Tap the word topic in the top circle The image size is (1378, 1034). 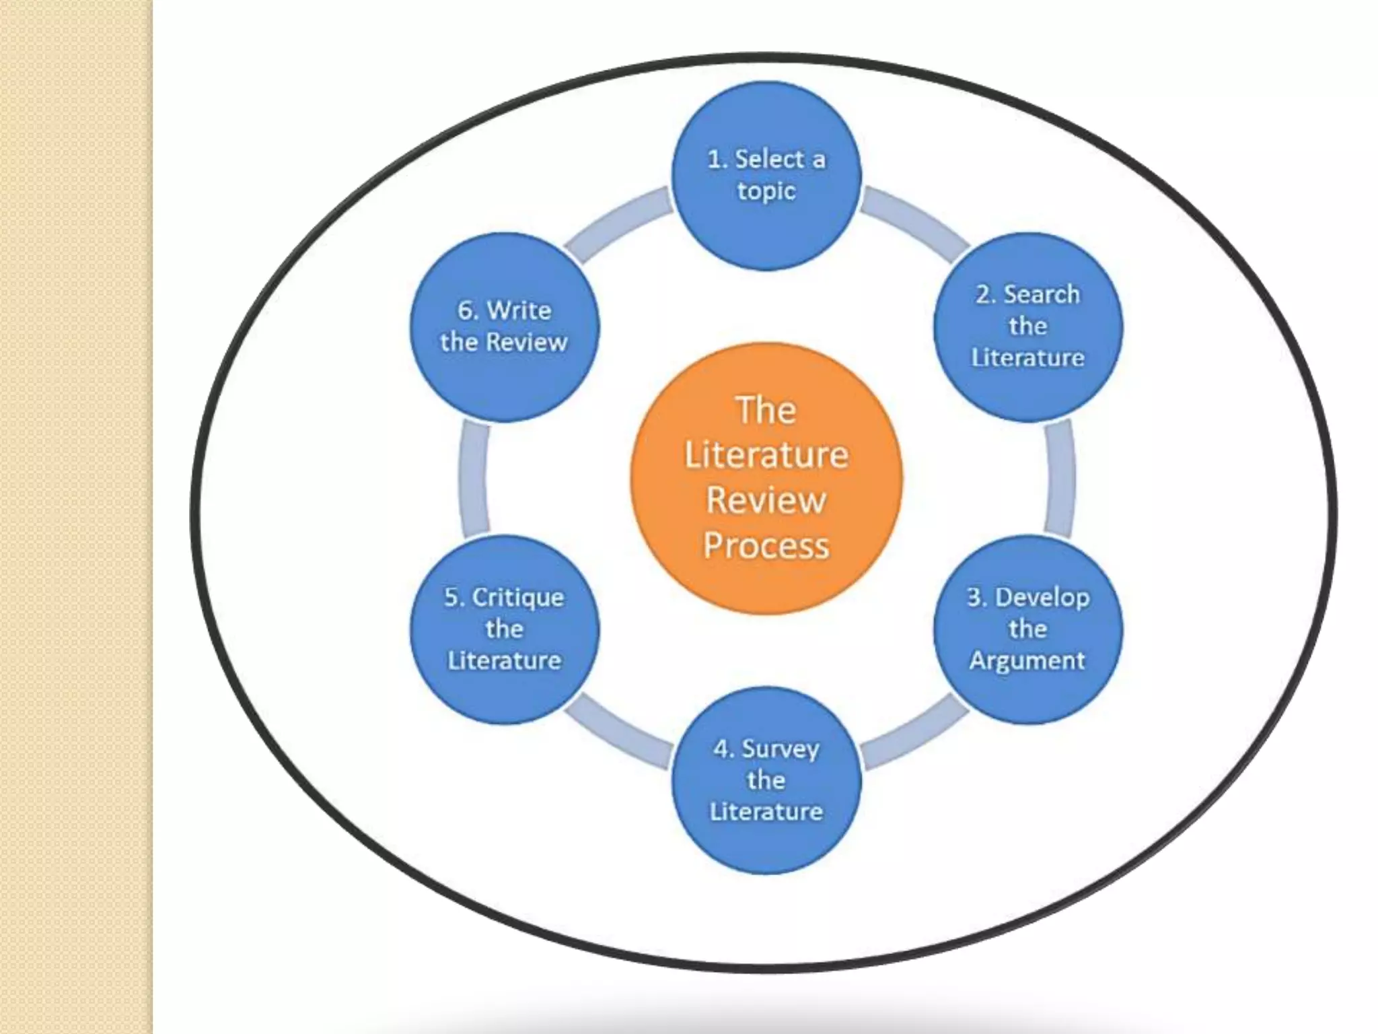(766, 191)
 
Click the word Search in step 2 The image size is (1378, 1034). (1042, 294)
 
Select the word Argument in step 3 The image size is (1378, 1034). (1027, 660)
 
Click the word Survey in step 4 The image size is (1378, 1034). (781, 749)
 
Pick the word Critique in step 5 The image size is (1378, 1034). (518, 597)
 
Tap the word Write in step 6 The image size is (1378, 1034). (519, 310)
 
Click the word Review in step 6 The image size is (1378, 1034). (526, 342)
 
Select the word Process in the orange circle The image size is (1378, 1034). (766, 545)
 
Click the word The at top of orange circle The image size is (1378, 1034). (766, 410)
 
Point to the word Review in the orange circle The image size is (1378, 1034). (766, 500)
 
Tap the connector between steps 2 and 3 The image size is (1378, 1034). (1060, 478)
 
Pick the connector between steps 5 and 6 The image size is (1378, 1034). (474, 478)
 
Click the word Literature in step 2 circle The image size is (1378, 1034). (1027, 357)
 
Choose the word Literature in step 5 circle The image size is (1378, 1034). (505, 660)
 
